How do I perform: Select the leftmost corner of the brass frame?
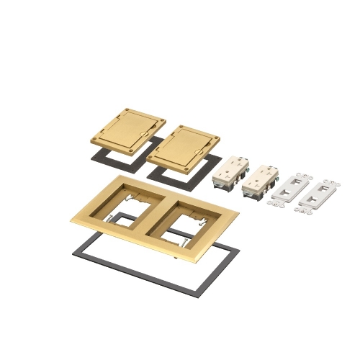click(71, 219)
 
